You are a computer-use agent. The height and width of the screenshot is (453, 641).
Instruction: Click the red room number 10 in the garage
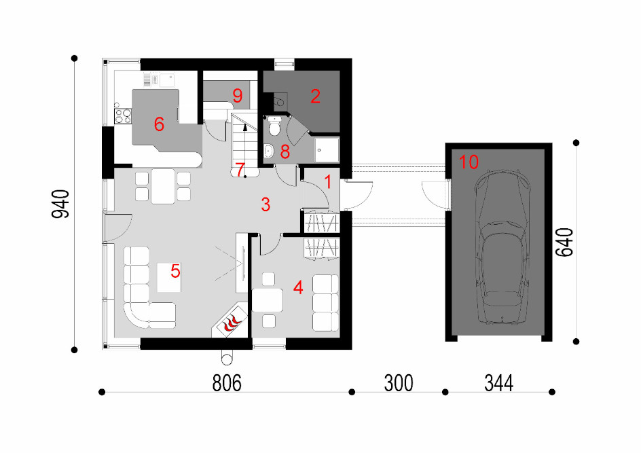[x=469, y=162]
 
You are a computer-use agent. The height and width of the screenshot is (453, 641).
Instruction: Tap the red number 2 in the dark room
[x=315, y=96]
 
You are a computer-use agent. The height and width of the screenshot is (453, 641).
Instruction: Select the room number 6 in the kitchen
[x=159, y=124]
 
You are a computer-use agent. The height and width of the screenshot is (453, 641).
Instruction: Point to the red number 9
[x=238, y=96]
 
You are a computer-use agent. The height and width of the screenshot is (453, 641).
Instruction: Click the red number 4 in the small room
[x=298, y=287]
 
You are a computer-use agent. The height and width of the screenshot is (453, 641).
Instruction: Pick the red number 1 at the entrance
[x=328, y=182]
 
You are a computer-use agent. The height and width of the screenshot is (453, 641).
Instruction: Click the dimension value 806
[x=227, y=383]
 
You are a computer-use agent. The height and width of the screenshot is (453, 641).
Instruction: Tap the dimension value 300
[x=399, y=383]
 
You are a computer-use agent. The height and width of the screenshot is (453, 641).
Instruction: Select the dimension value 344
[x=498, y=383]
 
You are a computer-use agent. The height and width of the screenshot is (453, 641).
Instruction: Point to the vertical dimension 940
[x=60, y=204]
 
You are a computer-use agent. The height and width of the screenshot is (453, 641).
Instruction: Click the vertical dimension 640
[x=564, y=242]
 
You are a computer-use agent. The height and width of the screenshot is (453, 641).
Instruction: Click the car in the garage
[x=502, y=247]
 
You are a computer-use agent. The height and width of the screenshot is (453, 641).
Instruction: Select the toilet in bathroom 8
[x=274, y=126]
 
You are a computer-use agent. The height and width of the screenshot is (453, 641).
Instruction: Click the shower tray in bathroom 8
[x=327, y=149]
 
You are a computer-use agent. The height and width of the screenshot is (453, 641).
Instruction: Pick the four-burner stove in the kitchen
[x=123, y=116]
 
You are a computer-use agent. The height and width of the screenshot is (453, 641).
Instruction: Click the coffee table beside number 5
[x=169, y=277]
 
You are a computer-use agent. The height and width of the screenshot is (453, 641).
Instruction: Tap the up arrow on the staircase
[x=245, y=128]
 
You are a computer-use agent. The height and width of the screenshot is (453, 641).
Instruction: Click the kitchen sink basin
[x=167, y=80]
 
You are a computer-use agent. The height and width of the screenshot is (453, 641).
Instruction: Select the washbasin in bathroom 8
[x=269, y=151]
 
